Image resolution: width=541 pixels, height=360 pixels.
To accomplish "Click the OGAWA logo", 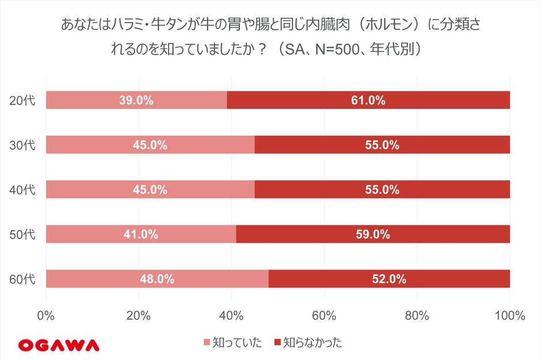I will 59,344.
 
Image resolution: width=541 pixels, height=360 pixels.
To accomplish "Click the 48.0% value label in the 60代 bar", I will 157,279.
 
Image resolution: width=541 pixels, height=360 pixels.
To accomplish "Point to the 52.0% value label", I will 389,279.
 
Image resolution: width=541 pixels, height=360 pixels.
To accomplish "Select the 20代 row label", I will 22,101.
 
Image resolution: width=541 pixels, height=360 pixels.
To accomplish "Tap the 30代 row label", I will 22,145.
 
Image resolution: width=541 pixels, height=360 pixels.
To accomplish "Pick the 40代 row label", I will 22,190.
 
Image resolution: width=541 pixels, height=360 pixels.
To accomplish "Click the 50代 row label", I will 22,235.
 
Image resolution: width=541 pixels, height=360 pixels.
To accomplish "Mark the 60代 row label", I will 22,280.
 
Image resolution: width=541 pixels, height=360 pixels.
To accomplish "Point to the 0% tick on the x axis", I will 45,316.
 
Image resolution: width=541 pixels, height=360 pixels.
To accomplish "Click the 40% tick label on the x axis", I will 231,316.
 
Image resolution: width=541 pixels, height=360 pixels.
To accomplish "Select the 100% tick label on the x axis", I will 509,316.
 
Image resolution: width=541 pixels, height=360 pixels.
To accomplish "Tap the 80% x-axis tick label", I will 417,316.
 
